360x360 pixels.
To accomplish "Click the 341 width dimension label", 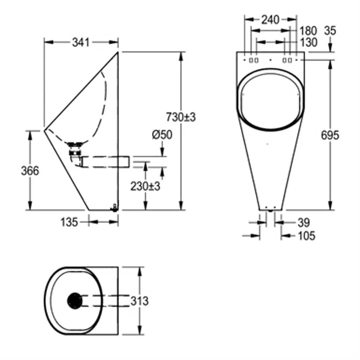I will click(81, 42).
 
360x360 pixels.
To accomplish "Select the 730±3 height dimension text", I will click(181, 117).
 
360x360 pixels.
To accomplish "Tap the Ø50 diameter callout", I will click(162, 135).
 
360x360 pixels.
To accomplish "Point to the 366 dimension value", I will click(30, 171).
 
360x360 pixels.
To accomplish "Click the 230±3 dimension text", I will click(146, 186).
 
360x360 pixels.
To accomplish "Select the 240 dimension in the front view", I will click(270, 20).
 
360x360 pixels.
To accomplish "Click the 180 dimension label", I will click(308, 31).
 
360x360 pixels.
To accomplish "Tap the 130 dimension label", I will click(308, 42).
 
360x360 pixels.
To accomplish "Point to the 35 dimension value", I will click(330, 31).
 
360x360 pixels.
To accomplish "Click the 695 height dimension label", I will click(330, 135).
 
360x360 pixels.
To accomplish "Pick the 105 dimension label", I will click(306, 235).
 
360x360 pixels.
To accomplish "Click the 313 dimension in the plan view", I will click(139, 301).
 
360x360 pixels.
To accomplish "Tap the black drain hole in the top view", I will click(75, 301).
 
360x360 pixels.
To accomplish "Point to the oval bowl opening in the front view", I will click(270, 101).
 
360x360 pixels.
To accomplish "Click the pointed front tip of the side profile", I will click(45, 129).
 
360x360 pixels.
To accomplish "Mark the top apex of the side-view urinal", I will click(117, 52).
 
